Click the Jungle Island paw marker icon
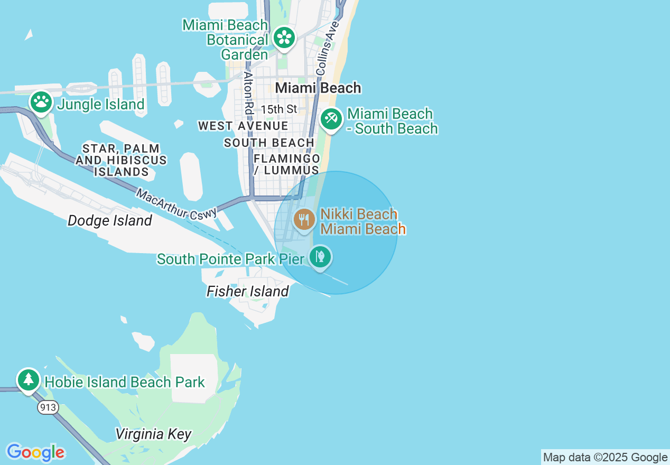click(41, 101)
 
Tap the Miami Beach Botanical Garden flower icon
click(284, 38)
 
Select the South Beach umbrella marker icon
click(331, 118)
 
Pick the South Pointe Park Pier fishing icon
click(320, 257)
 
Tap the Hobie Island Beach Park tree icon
click(29, 379)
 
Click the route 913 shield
click(48, 407)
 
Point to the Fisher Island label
click(248, 291)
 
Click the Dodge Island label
click(110, 220)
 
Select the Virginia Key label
click(153, 434)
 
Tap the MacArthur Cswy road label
click(176, 203)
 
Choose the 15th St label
click(279, 109)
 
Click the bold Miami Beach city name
click(319, 88)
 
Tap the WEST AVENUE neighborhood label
click(243, 126)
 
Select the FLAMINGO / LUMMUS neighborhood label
click(286, 164)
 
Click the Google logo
click(35, 452)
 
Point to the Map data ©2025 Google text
click(605, 458)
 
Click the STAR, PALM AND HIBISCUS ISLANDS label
click(121, 160)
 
